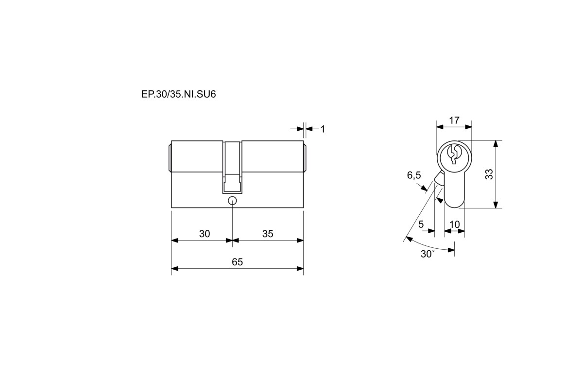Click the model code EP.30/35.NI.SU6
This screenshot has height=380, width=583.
[178, 94]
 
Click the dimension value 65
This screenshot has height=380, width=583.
[237, 262]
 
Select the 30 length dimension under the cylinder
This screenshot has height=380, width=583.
[205, 234]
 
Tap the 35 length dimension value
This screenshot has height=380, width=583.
[268, 234]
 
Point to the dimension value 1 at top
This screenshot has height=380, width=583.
[323, 129]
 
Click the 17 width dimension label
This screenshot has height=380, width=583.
[454, 120]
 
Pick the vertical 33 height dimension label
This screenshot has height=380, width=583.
[489, 174]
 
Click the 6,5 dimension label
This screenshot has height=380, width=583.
[414, 175]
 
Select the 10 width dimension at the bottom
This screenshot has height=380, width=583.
[454, 225]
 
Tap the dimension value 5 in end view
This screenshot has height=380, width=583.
[421, 224]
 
